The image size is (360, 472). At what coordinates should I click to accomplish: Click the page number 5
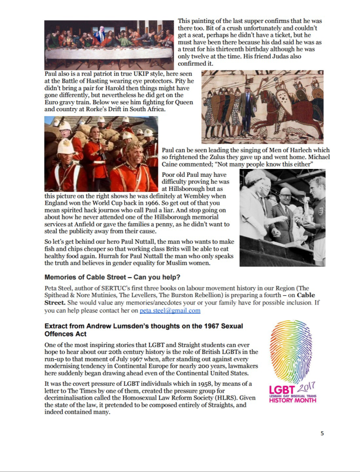(322, 433)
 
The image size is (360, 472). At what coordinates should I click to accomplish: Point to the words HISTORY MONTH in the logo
(292, 400)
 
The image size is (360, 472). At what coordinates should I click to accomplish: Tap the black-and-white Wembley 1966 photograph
(282, 217)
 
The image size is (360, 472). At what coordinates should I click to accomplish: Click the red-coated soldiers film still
(101, 154)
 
